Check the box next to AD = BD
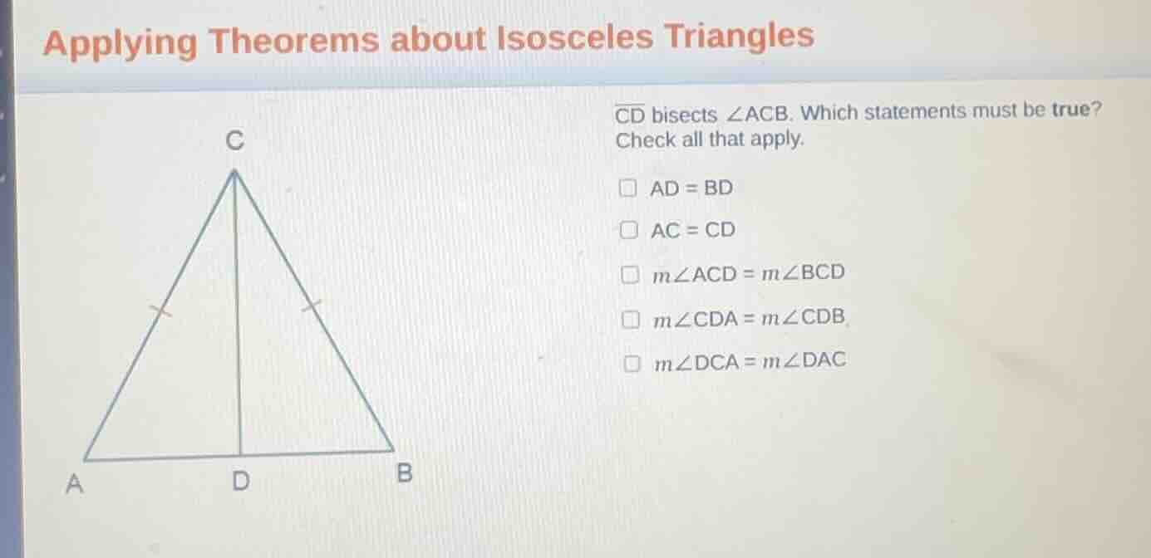coord(629,188)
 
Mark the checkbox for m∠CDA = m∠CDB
coord(632,317)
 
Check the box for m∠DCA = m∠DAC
coord(633,362)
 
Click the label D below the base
coord(240,481)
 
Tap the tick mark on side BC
coord(312,306)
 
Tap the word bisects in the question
coord(684,115)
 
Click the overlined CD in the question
coord(630,115)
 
